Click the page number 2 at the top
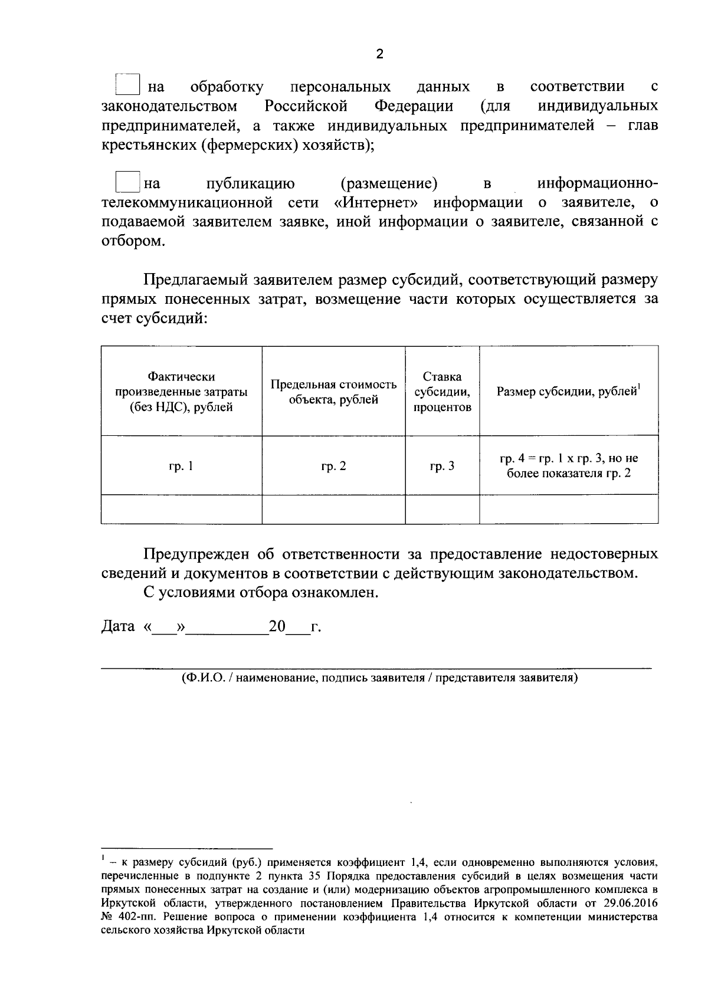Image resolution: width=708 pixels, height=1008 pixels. [x=379, y=54]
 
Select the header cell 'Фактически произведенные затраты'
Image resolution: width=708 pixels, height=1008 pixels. [x=181, y=392]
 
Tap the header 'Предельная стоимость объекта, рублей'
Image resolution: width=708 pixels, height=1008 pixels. [x=333, y=392]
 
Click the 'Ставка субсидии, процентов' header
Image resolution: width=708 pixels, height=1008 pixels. [x=442, y=392]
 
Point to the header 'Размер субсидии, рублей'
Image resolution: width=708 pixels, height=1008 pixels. [x=568, y=392]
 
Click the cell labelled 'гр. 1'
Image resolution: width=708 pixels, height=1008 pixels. [x=181, y=466]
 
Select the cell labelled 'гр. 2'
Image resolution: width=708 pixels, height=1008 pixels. [x=333, y=466]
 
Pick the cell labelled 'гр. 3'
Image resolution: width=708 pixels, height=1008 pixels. [x=442, y=466]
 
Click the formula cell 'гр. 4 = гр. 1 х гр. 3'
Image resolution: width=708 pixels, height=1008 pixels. [x=568, y=465]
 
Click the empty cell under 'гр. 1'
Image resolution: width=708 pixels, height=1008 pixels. [x=181, y=509]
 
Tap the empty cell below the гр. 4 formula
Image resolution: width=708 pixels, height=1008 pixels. [x=568, y=509]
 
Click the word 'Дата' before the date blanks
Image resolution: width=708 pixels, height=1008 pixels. [x=119, y=626]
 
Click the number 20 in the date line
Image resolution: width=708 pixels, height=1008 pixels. [x=277, y=626]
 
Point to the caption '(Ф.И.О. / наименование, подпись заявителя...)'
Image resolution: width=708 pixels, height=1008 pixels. [x=379, y=678]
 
